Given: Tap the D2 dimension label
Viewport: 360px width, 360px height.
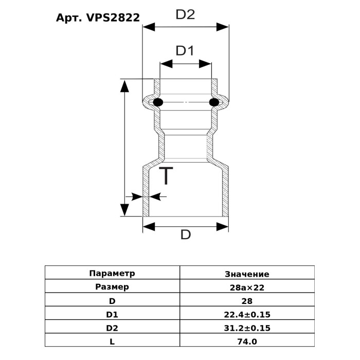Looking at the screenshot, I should [x=185, y=15].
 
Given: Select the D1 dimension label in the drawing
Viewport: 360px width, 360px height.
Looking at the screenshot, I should [x=185, y=51].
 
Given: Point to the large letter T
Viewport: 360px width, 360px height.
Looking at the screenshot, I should [x=166, y=176].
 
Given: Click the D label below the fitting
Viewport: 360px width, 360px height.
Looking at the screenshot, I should [x=185, y=236].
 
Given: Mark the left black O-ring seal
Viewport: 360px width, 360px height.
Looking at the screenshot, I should [x=158, y=102].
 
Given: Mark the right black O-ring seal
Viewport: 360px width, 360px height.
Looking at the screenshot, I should [x=214, y=103].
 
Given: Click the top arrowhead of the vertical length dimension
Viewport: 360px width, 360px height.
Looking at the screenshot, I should [x=124, y=85].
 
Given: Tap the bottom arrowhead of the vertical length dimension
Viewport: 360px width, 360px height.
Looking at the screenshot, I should [x=124, y=210].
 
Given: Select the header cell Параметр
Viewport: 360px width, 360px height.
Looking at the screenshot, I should [x=112, y=273].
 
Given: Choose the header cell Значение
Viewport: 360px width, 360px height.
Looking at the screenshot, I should [x=247, y=274].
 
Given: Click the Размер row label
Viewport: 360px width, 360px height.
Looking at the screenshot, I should [x=112, y=287].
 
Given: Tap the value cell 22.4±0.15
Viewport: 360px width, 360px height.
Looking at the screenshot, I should [x=247, y=314].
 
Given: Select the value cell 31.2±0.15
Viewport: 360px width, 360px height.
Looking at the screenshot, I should [x=247, y=328].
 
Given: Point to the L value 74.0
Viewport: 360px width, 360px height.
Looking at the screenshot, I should [x=247, y=341].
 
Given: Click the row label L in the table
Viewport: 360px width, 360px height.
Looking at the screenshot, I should [x=112, y=341].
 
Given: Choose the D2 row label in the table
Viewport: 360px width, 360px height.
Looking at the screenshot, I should [x=112, y=328].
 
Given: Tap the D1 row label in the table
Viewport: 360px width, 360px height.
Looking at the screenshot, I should [x=112, y=314].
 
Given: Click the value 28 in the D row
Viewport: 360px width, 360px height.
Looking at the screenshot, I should [x=247, y=301].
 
